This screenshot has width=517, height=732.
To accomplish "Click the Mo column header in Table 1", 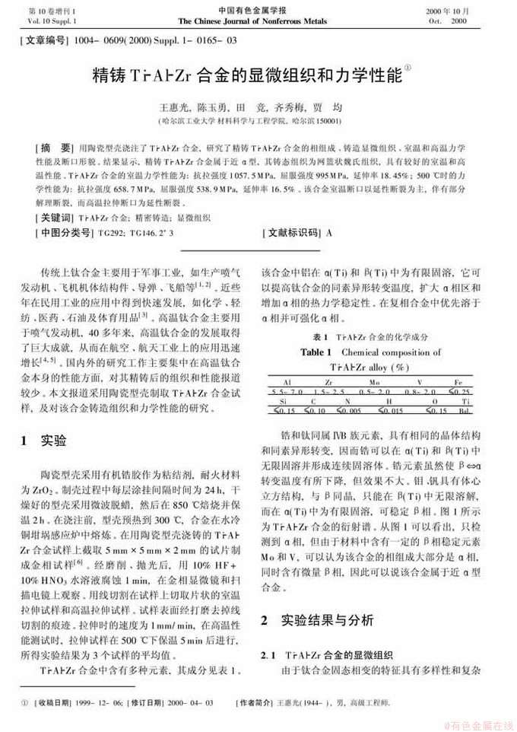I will [x=375, y=381].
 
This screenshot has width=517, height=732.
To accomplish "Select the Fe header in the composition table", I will [x=458, y=381].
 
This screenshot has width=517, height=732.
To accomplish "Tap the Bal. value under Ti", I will [x=463, y=412].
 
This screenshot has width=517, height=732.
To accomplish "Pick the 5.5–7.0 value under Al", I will [x=287, y=390].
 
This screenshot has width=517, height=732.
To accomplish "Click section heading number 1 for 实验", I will [x=25, y=441].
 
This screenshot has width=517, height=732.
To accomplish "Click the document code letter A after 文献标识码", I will [x=329, y=232].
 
